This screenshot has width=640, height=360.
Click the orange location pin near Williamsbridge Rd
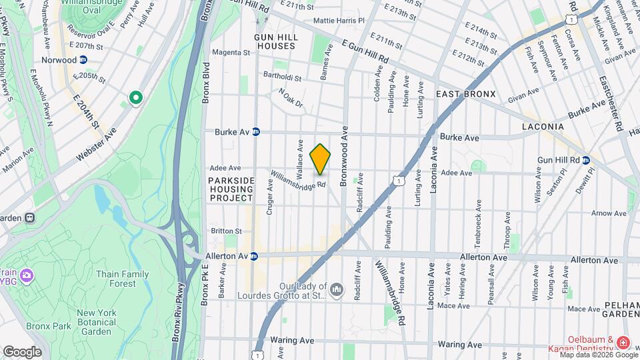pyautogui.click(x=320, y=159)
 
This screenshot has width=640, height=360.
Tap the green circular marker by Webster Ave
pyautogui.click(x=135, y=99)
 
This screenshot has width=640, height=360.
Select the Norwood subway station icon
pyautogui.click(x=83, y=60)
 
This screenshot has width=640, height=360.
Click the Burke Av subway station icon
pyautogui.click(x=255, y=132)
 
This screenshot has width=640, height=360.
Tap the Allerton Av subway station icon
pyautogui.click(x=253, y=256)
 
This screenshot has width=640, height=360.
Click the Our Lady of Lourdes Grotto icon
pyautogui.click(x=337, y=289)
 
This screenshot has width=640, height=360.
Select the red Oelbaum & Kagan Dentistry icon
pyautogui.click(x=623, y=343)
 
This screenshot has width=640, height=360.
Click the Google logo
pyautogui.click(x=22, y=351)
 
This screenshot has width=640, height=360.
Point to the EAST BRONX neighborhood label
pyautogui.click(x=465, y=95)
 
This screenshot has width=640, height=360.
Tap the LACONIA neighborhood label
pyautogui.click(x=542, y=127)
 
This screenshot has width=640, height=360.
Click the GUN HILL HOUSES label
pyautogui.click(x=275, y=41)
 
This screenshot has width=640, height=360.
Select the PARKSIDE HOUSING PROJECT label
pyautogui.click(x=231, y=189)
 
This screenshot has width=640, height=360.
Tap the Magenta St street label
pyautogui.click(x=231, y=53)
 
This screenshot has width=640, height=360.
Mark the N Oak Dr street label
pyautogui.click(x=291, y=98)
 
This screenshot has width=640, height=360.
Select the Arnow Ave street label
pyautogui.click(x=609, y=213)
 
